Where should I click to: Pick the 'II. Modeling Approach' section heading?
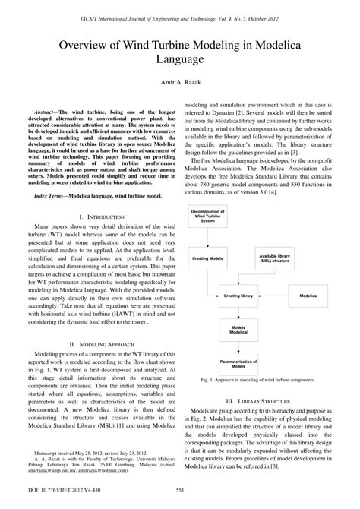pos(92,344)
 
